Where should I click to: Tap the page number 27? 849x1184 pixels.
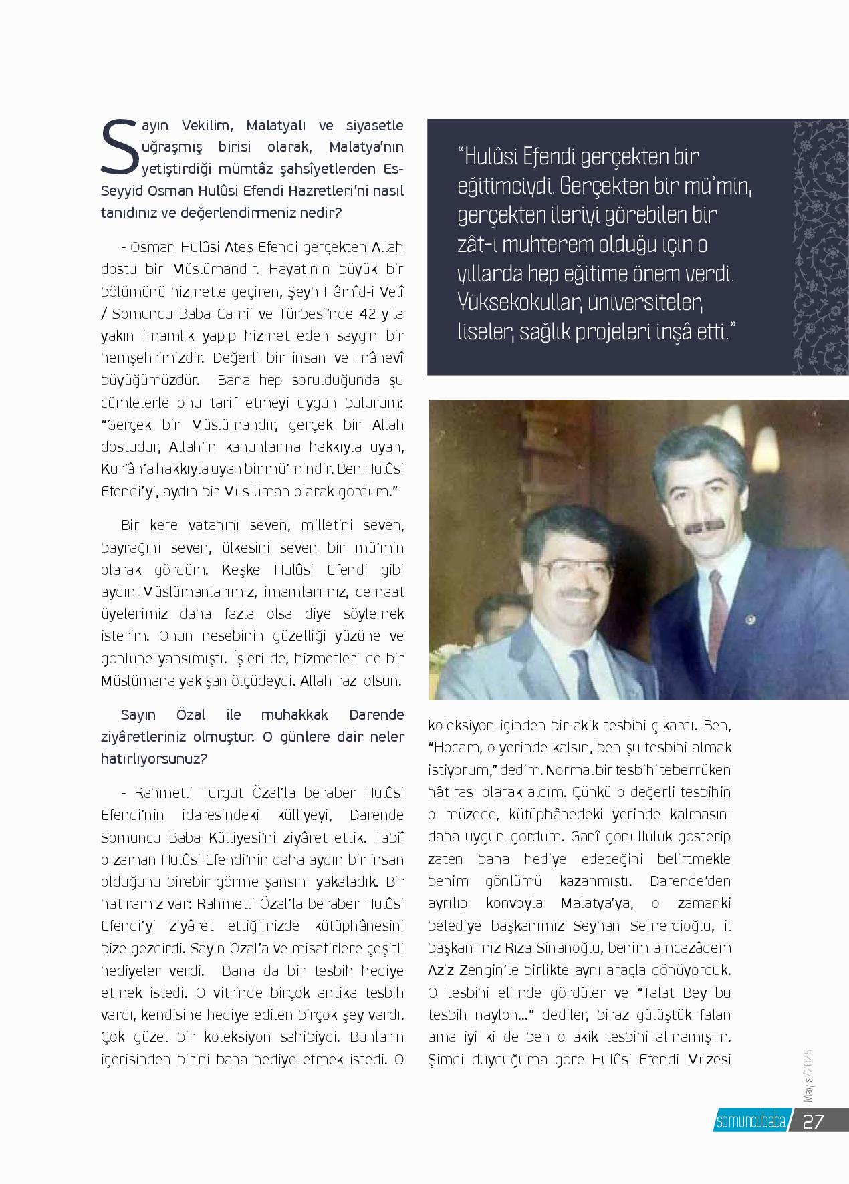tap(813, 1121)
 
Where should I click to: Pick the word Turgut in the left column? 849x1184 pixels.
tap(223, 793)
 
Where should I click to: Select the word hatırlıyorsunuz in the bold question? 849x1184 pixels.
tap(153, 760)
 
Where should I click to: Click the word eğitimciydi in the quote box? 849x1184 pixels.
tap(503, 186)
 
